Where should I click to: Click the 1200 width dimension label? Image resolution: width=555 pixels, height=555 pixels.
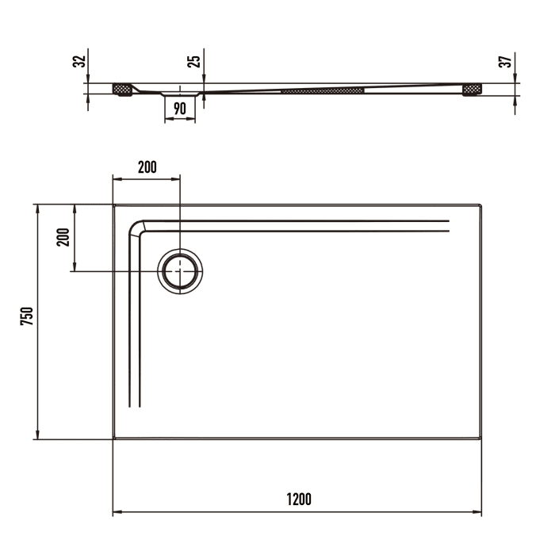[x=298, y=499]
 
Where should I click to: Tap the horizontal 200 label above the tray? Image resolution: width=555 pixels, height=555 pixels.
[x=147, y=166]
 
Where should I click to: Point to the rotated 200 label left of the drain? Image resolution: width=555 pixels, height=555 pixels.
[x=63, y=237]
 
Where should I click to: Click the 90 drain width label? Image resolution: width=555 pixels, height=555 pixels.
[x=180, y=109]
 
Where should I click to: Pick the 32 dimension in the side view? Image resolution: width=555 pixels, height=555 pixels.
[x=78, y=61]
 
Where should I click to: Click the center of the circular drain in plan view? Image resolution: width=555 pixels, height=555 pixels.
[x=181, y=271]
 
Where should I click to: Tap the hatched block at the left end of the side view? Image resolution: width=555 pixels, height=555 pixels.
[x=122, y=89]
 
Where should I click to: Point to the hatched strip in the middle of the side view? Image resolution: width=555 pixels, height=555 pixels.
[x=323, y=90]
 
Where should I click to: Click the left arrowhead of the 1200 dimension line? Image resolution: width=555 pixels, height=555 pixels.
[x=117, y=513]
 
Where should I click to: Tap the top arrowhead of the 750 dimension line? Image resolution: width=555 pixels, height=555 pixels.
[x=36, y=208]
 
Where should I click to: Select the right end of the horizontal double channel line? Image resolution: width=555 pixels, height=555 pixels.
[x=448, y=225]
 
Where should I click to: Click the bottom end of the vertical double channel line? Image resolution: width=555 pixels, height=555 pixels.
[x=135, y=406]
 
